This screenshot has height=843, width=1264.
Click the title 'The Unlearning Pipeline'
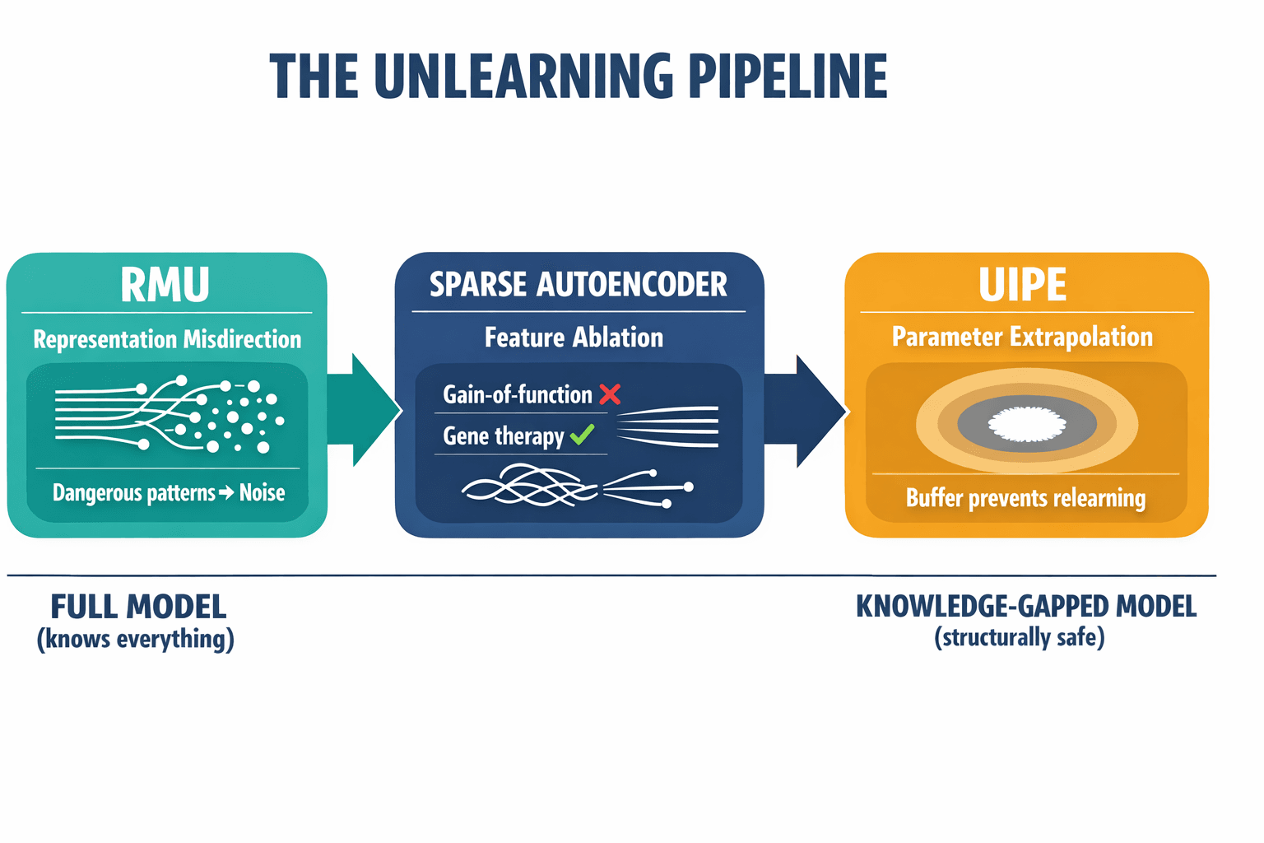[579, 77]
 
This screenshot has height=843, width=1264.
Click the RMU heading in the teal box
[165, 285]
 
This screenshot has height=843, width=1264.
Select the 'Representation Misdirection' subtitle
[167, 339]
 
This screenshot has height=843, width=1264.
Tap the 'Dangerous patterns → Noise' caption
[169, 493]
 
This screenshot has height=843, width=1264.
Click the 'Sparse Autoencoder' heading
[579, 285]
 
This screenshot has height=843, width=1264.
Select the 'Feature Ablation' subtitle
[574, 338]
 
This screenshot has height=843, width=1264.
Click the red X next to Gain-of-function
[610, 394]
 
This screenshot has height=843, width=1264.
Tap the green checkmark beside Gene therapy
[582, 435]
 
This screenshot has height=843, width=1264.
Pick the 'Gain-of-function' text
[518, 395]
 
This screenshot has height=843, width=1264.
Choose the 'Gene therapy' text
[504, 436]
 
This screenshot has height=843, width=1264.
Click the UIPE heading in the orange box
[1022, 286]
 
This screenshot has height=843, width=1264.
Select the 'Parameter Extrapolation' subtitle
[1022, 337]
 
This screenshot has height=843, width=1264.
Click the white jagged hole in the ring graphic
[1026, 425]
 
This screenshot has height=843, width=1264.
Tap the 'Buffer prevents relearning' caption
[1025, 498]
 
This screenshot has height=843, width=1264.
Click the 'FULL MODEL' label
[138, 608]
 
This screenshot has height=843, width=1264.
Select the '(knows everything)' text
[136, 639]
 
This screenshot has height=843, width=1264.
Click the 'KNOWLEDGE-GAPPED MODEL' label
[1026, 607]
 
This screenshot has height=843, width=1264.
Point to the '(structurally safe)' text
[1020, 637]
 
